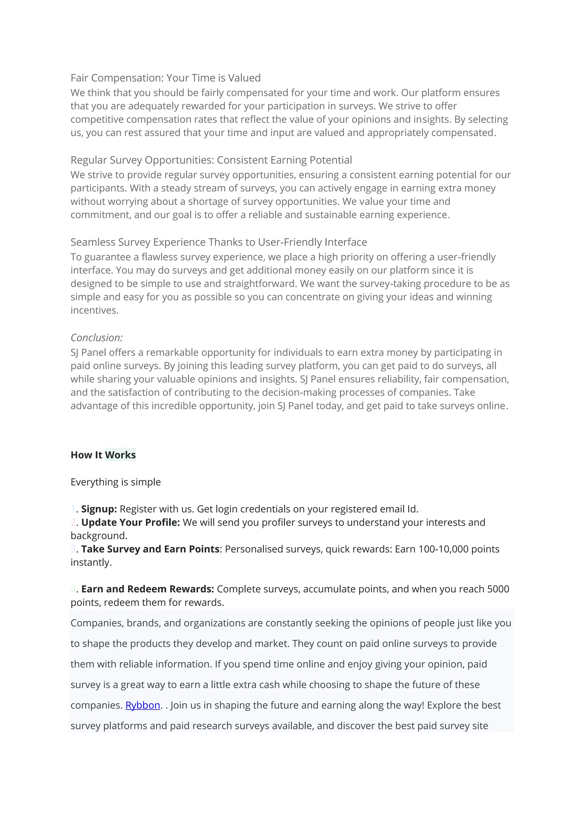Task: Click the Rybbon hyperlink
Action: pos(143,705)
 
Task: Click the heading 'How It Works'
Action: pos(103,455)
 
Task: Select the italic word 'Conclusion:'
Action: pos(97,338)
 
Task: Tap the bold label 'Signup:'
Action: pos(99,509)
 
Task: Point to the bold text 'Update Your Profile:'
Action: pos(130,522)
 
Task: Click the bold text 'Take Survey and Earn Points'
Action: pos(150,549)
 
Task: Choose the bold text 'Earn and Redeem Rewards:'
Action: pos(147,589)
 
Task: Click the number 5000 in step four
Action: pos(498,589)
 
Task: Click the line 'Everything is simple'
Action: pos(116,482)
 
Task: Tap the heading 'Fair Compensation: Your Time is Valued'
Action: pos(165,78)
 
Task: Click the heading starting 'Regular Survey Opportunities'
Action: pos(211,160)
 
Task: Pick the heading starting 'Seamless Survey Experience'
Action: pos(219,242)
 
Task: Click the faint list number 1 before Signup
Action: pos(73,509)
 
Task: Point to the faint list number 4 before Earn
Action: pos(73,589)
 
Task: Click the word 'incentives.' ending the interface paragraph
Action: pos(95,310)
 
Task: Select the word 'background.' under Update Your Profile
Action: pos(99,536)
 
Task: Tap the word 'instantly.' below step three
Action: pos(91,562)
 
